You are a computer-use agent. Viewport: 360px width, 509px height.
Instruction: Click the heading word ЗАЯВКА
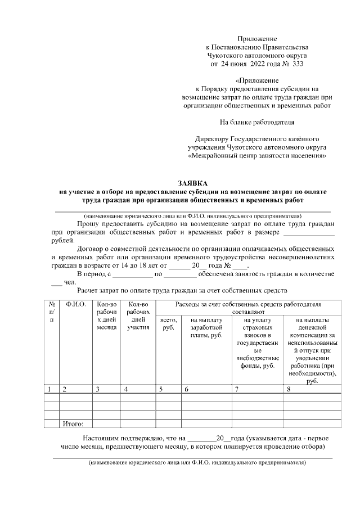(x=192, y=183)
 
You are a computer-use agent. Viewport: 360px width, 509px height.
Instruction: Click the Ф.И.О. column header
(x=75, y=304)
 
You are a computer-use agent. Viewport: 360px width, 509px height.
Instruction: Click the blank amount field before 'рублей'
(x=308, y=232)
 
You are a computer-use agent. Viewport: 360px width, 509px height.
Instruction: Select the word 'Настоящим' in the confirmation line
(x=102, y=437)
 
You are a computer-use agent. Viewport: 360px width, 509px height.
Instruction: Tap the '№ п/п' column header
(x=52, y=312)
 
